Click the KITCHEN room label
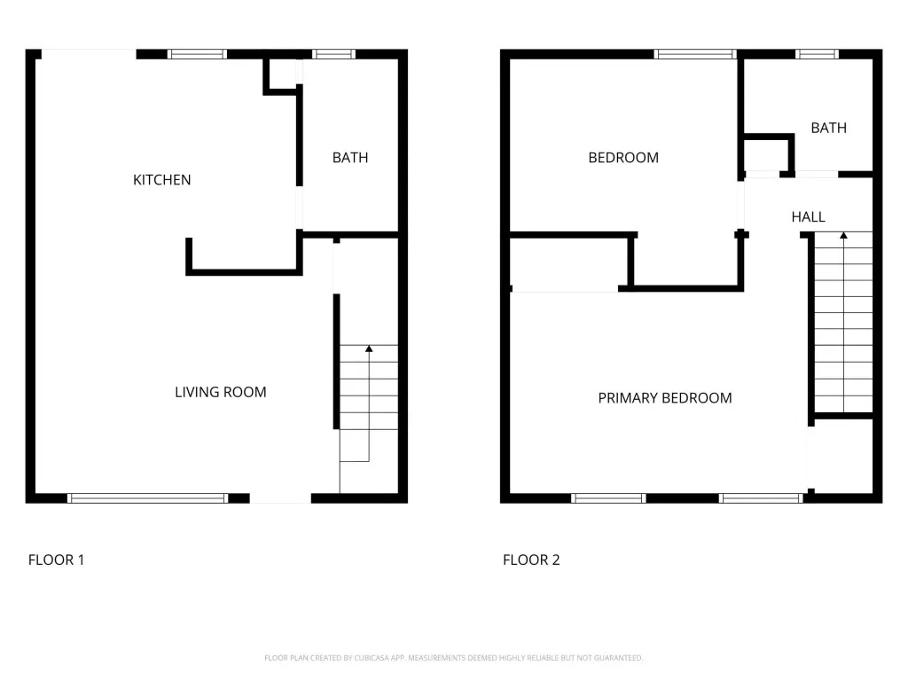coord(161,180)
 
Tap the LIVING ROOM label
coord(221,392)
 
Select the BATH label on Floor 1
coord(349,158)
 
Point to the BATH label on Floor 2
coord(829,128)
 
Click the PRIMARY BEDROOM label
coord(665,398)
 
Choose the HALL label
coord(808,217)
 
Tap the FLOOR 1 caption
coord(56,560)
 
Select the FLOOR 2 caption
coord(531,560)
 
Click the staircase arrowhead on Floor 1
coord(369,348)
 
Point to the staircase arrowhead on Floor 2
coord(844,236)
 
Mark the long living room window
coord(148,498)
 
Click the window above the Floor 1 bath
coord(333,54)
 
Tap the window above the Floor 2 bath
coord(817,54)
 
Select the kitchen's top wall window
coord(197,54)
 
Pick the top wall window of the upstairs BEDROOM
coord(695,54)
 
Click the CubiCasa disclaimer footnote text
coord(453,658)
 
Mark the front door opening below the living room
coord(280,498)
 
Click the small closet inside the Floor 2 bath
coord(766,154)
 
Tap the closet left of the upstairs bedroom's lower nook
coord(568,262)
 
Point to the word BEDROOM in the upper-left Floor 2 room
coord(623,158)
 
